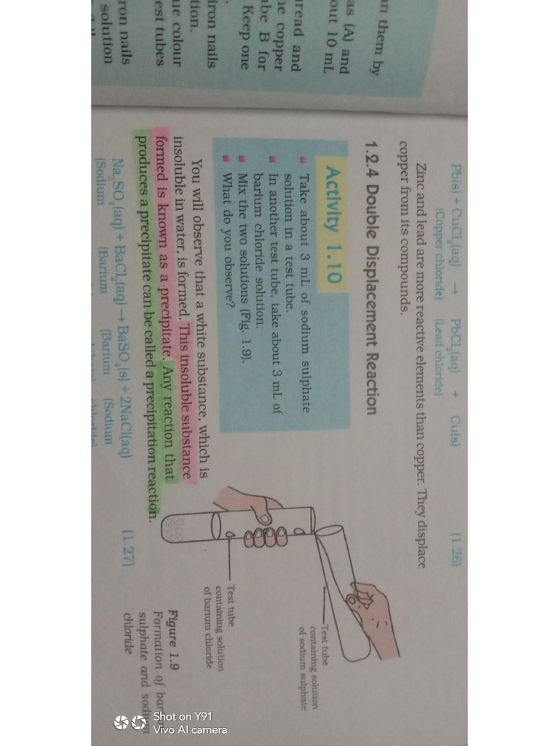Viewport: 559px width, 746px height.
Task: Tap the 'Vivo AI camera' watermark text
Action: [190, 729]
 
